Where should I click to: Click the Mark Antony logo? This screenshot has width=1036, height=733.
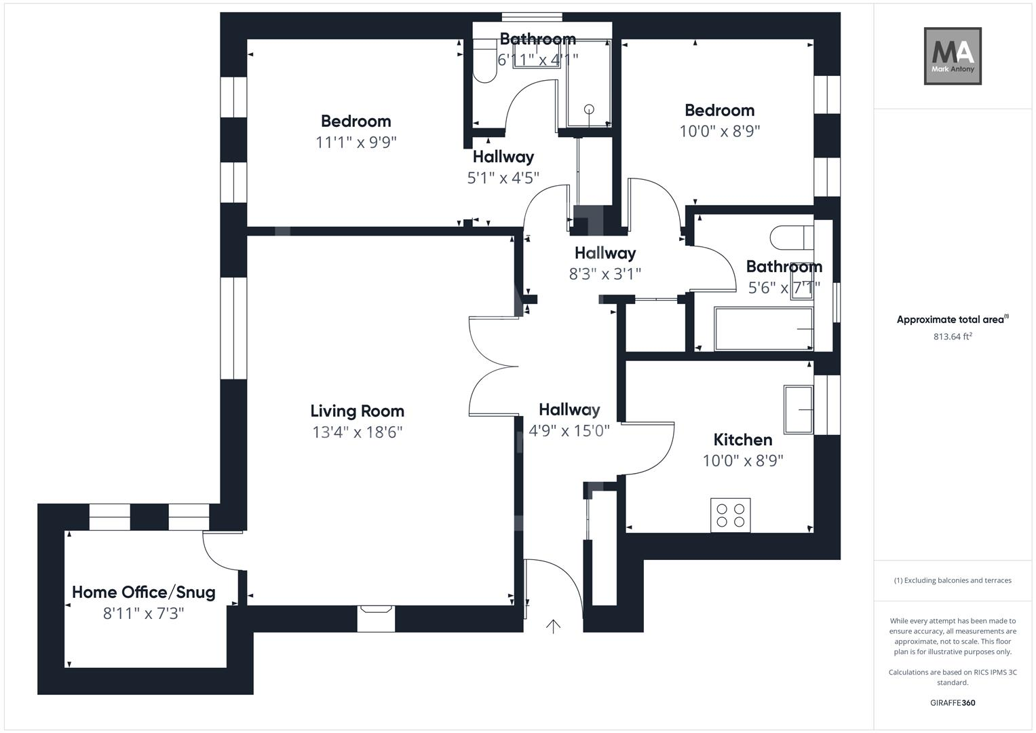(x=953, y=56)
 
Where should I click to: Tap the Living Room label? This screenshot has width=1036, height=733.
(x=357, y=411)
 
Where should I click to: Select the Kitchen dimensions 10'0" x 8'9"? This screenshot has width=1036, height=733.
(x=743, y=461)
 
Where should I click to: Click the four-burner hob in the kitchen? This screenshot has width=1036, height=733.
(x=731, y=515)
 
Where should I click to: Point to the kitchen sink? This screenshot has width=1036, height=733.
(x=798, y=409)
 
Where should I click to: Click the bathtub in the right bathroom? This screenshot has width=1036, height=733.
(x=763, y=329)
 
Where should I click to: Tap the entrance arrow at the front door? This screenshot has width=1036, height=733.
(x=554, y=626)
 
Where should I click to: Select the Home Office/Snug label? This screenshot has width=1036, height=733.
(x=144, y=592)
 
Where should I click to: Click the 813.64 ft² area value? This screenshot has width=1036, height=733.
(x=953, y=337)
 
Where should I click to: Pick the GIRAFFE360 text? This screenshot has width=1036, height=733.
(x=953, y=702)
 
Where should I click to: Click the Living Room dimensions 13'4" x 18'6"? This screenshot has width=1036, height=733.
(x=357, y=432)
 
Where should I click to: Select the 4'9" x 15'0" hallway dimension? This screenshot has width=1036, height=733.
(x=569, y=430)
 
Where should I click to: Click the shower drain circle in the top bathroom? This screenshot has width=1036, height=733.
(x=589, y=109)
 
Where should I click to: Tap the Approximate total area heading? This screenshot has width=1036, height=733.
(x=952, y=320)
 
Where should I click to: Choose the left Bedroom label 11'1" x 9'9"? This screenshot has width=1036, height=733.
(x=356, y=142)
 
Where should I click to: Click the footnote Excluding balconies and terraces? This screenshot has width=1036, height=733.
(x=953, y=580)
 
